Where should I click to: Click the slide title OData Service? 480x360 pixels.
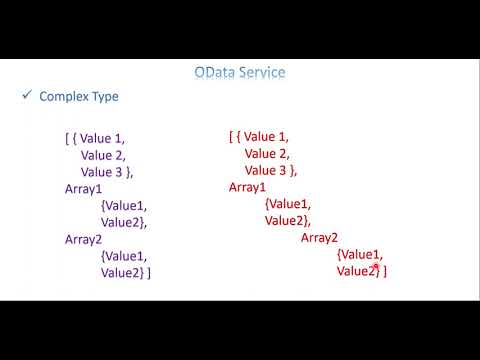point(240,73)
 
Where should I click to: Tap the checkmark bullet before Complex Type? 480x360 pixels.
point(26,96)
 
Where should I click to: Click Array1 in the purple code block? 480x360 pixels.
point(84,188)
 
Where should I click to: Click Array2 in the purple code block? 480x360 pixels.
point(84,239)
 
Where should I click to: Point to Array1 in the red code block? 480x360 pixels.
point(248,187)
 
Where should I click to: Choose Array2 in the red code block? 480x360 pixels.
point(320,238)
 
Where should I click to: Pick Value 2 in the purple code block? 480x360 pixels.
point(104,155)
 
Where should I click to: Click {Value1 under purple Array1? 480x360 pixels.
point(124,205)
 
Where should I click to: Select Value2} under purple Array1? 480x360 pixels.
point(124,222)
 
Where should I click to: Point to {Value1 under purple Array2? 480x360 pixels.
point(124,256)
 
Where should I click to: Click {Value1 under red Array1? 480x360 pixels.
point(288,204)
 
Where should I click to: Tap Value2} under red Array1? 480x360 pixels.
point(288,221)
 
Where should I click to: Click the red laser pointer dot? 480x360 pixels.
point(377,266)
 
